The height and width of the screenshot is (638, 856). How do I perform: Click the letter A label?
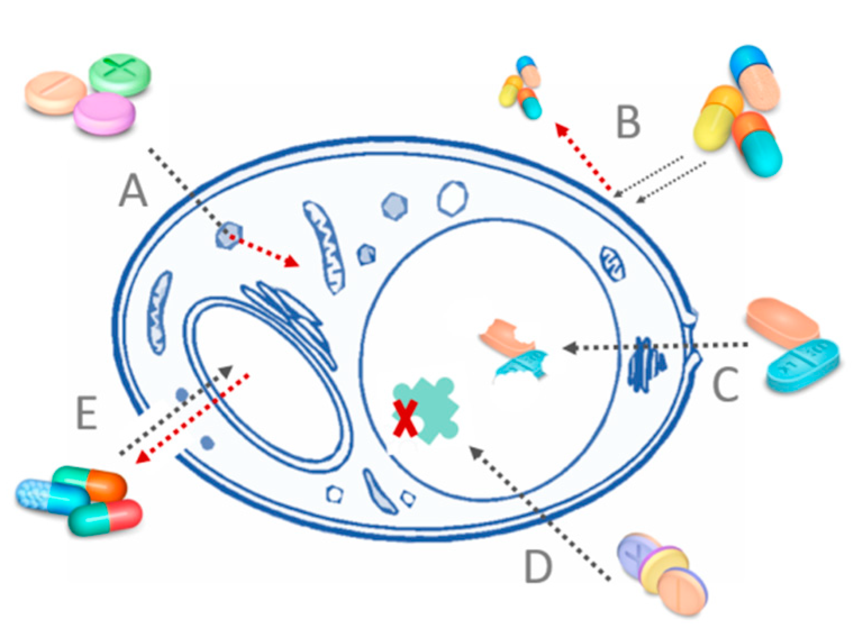tap(134, 190)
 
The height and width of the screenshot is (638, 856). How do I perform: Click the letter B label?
tap(628, 122)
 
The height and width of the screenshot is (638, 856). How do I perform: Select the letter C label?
tap(726, 386)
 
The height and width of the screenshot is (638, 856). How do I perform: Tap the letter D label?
tap(538, 567)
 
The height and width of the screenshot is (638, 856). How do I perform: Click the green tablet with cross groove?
tap(120, 75)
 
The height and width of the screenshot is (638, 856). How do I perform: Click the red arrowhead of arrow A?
tap(292, 262)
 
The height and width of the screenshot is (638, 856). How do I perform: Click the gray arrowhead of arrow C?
tap(570, 348)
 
